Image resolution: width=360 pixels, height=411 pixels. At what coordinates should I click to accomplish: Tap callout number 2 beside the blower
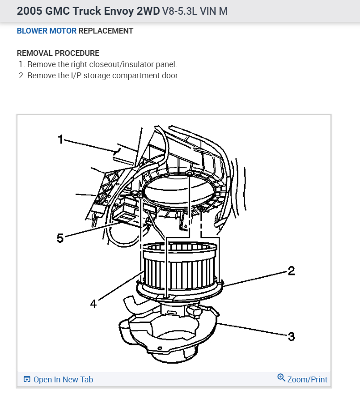coord(291,271)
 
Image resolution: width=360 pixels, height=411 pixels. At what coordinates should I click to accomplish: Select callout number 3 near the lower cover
coord(291,336)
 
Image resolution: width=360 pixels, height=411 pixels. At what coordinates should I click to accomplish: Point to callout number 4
coord(93,304)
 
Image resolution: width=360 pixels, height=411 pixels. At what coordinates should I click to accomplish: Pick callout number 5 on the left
coord(60,238)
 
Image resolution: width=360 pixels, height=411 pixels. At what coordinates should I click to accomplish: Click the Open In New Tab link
coord(63,380)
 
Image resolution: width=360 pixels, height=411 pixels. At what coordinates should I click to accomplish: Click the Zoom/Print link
coord(307,380)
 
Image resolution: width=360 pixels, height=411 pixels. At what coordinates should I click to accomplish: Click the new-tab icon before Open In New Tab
coord(27,380)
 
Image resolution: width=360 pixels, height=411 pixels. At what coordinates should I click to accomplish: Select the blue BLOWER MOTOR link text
coord(47,31)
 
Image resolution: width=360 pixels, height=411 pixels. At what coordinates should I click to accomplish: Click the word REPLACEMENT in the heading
coord(106,31)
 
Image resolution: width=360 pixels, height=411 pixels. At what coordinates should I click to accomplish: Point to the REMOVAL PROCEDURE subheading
coord(58,53)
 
